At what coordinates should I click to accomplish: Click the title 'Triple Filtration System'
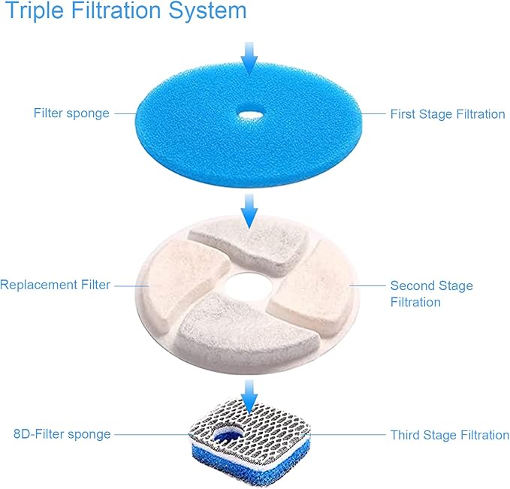point(126,12)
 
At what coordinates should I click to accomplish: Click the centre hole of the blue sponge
point(248,115)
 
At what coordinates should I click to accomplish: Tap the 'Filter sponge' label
point(71,113)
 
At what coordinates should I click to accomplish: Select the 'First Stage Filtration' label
point(447,114)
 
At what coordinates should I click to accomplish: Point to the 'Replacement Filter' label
point(56,285)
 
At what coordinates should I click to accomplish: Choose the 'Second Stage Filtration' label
point(431,294)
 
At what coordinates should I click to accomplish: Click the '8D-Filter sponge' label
point(62,434)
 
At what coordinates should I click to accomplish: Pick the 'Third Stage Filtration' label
point(449,435)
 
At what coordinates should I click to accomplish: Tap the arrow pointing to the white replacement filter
point(249,211)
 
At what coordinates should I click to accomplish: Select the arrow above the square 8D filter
point(249,394)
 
